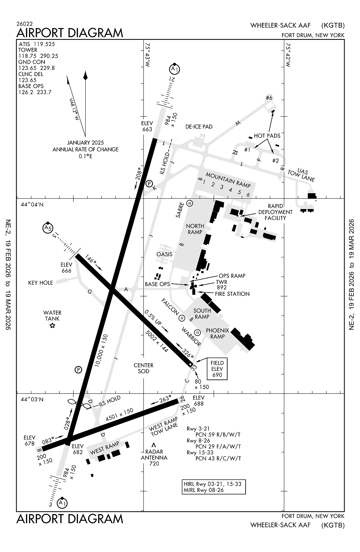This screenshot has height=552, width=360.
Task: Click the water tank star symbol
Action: pyautogui.click(x=52, y=325)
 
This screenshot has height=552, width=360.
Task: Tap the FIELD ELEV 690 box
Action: pyautogui.click(x=217, y=369)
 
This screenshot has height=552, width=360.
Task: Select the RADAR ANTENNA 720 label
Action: pyautogui.click(x=154, y=457)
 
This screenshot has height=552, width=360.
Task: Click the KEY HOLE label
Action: pyautogui.click(x=40, y=283)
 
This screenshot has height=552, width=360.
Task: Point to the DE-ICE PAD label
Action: pyautogui.click(x=199, y=127)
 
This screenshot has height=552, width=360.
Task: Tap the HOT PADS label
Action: pyautogui.click(x=267, y=135)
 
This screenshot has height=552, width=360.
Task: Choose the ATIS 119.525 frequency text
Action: pyautogui.click(x=36, y=44)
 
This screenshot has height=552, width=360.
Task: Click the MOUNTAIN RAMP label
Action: pyautogui.click(x=228, y=180)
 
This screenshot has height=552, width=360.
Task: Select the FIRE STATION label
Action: pyautogui.click(x=232, y=294)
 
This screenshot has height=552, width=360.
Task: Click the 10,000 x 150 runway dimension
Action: pyautogui.click(x=101, y=350)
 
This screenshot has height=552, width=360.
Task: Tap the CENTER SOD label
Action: pyautogui.click(x=143, y=368)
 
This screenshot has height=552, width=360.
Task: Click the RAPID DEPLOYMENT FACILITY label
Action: pyautogui.click(x=275, y=212)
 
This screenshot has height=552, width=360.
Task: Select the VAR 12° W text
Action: pyautogui.click(x=74, y=109)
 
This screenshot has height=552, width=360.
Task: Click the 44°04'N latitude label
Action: pyautogui.click(x=32, y=205)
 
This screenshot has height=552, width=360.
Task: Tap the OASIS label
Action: pyautogui.click(x=164, y=254)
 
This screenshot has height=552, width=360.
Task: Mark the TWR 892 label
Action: pyautogui.click(x=221, y=284)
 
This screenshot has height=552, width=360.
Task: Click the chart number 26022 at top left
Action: pyautogui.click(x=24, y=24)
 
